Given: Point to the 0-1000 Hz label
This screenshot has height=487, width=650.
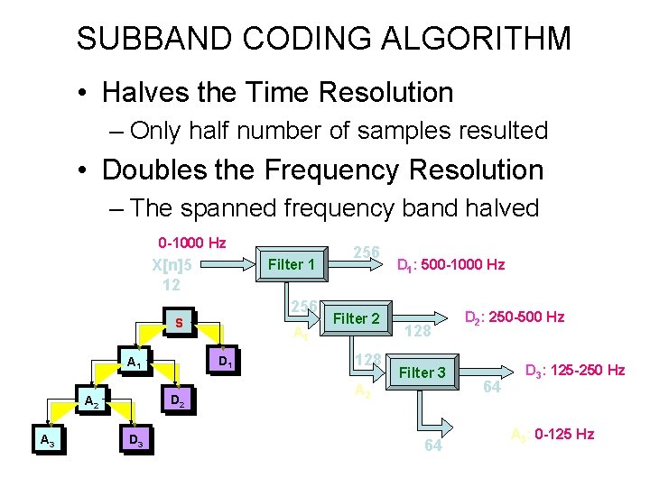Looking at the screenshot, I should coord(191,243).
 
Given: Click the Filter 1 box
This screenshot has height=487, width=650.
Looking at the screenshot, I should coord(292,264).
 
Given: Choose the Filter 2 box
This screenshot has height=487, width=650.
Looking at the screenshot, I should coord(356,318).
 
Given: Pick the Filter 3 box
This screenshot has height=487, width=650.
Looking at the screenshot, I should coord(422,372).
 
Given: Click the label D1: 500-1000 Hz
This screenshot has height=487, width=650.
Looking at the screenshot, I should coord(450,265).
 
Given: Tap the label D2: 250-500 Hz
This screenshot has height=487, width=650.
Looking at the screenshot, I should coord(514,317).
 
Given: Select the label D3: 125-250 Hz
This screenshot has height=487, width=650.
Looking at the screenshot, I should coord(575,370).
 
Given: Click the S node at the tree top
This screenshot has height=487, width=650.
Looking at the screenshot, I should coord(180,322).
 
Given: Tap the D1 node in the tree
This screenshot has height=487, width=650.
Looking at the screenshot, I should coord(227,363).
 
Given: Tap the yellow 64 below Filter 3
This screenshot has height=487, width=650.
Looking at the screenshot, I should coord(433,446).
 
